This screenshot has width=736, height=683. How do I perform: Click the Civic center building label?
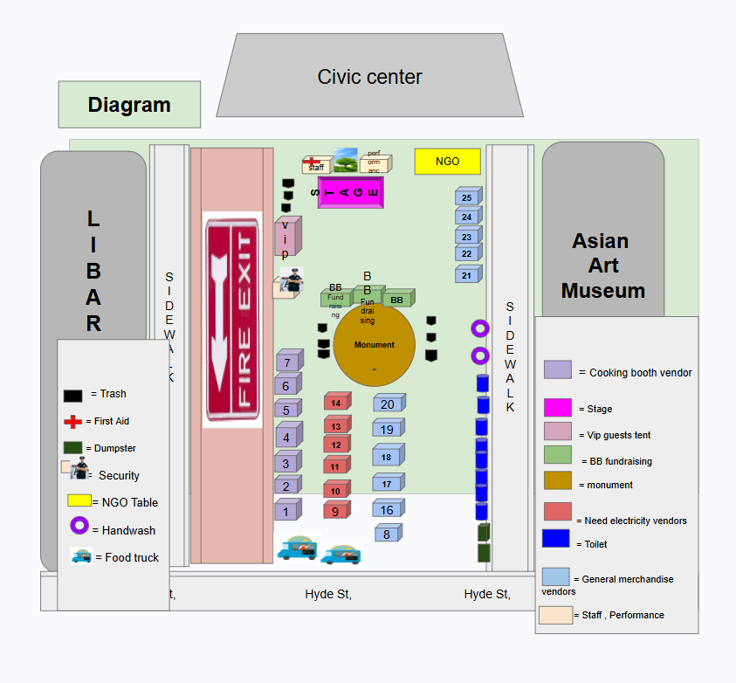pos(369,77)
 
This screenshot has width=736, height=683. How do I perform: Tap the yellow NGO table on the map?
pos(447,162)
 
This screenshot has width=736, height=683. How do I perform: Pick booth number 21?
pos(467,275)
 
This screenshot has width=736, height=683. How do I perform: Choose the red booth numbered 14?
pos(337,403)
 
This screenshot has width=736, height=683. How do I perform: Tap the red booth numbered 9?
pos(336,509)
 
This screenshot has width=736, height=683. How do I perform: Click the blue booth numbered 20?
pos(388,404)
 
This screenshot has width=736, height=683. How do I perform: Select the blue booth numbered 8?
pos(388,534)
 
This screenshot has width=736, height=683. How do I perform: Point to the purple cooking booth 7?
pos(287,362)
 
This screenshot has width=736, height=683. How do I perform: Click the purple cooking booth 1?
pos(286,511)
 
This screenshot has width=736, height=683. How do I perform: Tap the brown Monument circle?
pos(374,344)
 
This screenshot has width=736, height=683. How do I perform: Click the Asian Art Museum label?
pos(602,266)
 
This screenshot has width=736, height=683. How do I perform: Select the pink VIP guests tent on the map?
pos(286,237)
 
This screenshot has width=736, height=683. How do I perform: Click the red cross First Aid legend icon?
pos(73,422)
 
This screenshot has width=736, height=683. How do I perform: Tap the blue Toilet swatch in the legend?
pos(555,539)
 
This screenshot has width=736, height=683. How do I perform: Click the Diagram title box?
pos(129,105)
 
